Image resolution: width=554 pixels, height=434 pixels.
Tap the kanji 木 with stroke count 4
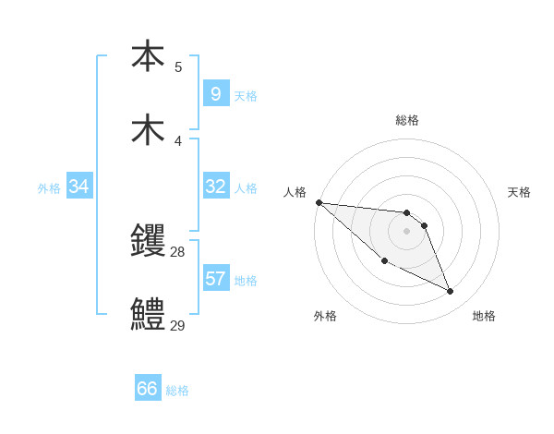[x=148, y=129]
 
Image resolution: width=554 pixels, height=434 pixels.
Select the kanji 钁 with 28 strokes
[x=148, y=240]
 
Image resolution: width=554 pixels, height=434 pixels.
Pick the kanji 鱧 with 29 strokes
[x=148, y=314]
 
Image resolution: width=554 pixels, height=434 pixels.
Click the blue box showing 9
[x=215, y=93]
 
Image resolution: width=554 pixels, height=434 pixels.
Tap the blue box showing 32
[x=215, y=186]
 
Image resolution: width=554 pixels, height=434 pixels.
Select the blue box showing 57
[x=215, y=278]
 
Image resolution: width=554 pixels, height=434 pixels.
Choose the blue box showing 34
[x=78, y=187]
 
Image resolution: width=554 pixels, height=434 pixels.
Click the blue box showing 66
[x=148, y=389]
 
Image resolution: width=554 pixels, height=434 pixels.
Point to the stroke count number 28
[x=178, y=251]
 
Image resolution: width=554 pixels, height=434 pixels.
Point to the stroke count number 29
[x=178, y=325]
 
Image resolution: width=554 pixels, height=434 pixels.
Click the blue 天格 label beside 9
[x=246, y=95]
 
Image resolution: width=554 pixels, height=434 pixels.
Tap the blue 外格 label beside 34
[x=49, y=187]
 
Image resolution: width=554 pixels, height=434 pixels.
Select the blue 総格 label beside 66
[x=177, y=391]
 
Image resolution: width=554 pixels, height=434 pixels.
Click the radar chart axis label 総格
[x=407, y=120]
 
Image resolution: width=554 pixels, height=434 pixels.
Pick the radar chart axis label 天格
[x=520, y=192]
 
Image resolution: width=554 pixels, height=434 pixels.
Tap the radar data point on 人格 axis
[x=319, y=202]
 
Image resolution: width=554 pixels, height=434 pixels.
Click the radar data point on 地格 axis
[x=451, y=292]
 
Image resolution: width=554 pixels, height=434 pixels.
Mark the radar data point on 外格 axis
[x=384, y=261]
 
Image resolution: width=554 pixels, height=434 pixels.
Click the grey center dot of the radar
[x=406, y=231]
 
